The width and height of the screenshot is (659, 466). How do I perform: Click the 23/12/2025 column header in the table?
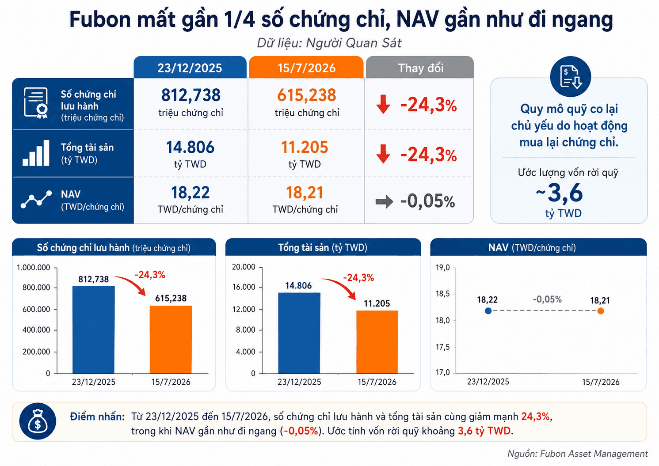tap(190, 68)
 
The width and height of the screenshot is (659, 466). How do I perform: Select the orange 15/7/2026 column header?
tap(306, 68)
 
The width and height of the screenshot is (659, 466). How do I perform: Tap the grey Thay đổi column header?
tap(420, 68)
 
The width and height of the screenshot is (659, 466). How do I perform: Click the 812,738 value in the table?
tap(190, 95)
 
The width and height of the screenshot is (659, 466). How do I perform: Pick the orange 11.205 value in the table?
tap(305, 147)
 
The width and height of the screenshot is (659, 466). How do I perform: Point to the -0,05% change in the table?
tap(427, 201)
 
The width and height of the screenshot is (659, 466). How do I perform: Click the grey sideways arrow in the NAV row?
tap(384, 202)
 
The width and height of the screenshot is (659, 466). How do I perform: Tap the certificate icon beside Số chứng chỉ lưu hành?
tap(36, 103)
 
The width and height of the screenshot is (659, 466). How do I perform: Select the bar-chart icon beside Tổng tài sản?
tap(36, 153)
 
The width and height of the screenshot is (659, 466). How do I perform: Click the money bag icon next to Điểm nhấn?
tap(38, 421)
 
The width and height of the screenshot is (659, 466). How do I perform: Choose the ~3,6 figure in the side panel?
tap(559, 193)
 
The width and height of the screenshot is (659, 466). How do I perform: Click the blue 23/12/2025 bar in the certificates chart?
tap(94, 330)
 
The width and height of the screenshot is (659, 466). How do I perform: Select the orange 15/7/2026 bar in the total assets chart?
tap(377, 342)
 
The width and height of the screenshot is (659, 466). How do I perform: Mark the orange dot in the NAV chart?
tap(601, 311)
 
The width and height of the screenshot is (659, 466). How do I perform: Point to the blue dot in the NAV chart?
tap(488, 311)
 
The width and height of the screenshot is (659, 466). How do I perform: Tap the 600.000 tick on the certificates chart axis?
tap(36, 309)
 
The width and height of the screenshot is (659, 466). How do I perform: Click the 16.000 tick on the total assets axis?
tap(244, 287)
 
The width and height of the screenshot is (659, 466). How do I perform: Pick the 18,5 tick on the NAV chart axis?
tap(443, 294)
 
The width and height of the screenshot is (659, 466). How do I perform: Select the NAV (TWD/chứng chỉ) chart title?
tap(532, 247)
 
